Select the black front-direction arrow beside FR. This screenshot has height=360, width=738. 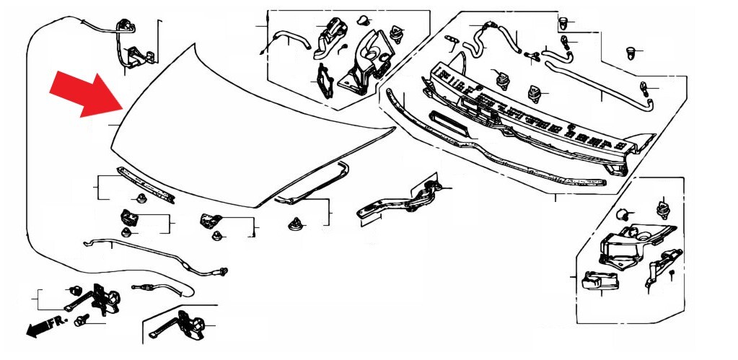(x=38, y=328)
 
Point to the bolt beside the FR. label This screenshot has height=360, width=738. (x=79, y=321)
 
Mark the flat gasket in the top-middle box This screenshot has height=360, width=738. (x=325, y=81)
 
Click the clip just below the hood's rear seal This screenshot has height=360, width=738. (x=295, y=224)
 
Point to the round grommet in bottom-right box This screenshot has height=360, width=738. (x=623, y=214)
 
